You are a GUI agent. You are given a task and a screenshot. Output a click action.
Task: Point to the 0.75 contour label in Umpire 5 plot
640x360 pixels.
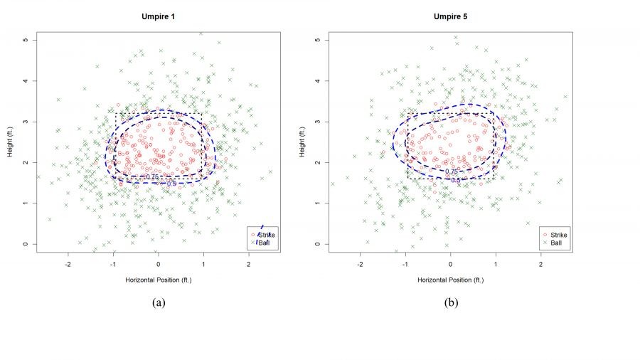(x=452, y=171)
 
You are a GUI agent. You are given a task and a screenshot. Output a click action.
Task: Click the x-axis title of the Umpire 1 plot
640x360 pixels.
(x=159, y=280)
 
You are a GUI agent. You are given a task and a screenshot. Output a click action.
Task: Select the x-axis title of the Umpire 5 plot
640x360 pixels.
(x=450, y=280)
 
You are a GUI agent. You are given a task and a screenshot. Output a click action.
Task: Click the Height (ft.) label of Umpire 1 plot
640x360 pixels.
(x=9, y=142)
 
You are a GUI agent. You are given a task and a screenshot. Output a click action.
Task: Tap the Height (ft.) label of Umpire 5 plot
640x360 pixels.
(x=301, y=142)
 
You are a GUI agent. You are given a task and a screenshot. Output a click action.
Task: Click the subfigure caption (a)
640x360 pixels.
(x=159, y=303)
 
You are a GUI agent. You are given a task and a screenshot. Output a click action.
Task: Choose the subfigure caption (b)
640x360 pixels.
(x=451, y=303)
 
